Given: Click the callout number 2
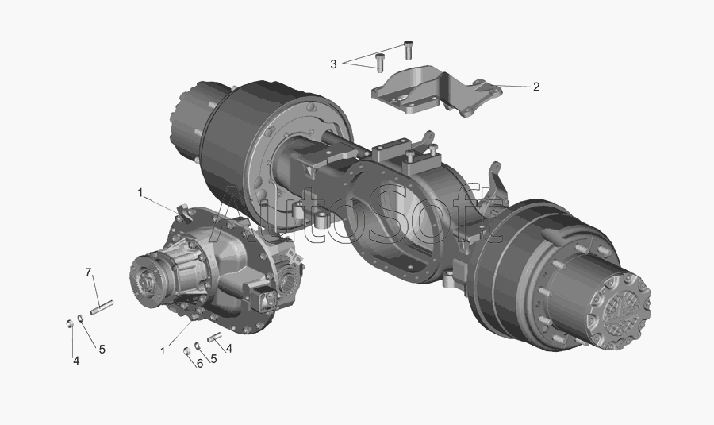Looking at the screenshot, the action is coord(536,87).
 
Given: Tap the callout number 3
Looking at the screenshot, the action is coord(333,64).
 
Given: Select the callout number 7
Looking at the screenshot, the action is coord(88,272).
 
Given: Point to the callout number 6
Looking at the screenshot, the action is coord(199,364).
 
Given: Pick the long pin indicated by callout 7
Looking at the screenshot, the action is coord(102,307).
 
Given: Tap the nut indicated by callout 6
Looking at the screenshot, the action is coord(186,351).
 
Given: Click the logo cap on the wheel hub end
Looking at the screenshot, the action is coord(620,310).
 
